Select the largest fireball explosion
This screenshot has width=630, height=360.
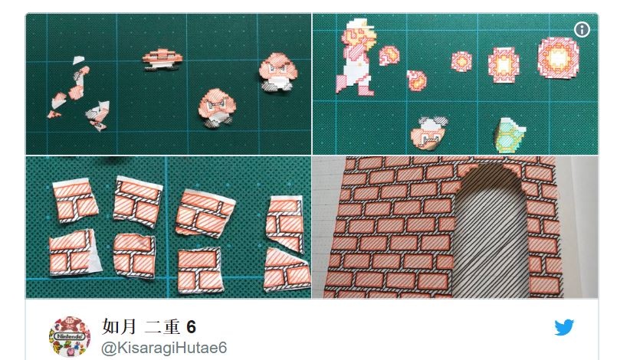(558, 58)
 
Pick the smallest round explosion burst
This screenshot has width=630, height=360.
(461, 61)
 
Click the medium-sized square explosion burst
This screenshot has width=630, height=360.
(504, 64)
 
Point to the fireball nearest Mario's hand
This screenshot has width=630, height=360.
(389, 55)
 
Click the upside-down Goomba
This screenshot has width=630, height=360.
(428, 133)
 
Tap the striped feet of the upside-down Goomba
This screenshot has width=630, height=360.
(433, 122)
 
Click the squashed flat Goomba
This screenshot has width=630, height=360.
(162, 60)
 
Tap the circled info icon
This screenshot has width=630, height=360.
(582, 29)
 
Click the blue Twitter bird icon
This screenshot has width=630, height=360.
(564, 328)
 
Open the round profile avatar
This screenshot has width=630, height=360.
(70, 336)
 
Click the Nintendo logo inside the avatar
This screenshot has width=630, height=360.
(70, 336)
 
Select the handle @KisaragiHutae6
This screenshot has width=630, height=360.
(164, 348)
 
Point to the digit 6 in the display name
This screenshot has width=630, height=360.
(192, 327)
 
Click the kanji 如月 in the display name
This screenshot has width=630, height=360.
(120, 327)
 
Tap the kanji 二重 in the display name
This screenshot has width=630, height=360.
(162, 327)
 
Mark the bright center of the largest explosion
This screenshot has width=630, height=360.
(557, 58)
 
